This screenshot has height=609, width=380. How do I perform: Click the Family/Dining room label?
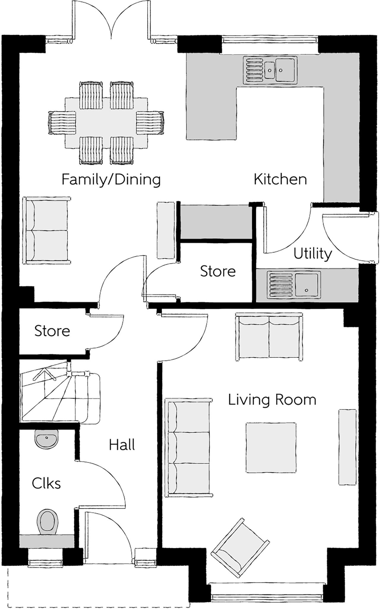point(111,179)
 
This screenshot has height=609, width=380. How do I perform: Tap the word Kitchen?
point(280,179)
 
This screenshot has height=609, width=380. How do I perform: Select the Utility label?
point(313,254)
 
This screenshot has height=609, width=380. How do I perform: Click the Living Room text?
point(272,400)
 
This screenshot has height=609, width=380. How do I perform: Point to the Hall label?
point(122,445)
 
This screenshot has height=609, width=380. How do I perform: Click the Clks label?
point(46,484)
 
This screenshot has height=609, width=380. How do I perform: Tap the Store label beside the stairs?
point(52,331)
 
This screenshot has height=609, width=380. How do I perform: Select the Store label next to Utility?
point(218,271)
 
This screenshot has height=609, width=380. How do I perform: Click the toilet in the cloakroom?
point(48,522)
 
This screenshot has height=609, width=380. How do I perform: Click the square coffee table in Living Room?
point(271,448)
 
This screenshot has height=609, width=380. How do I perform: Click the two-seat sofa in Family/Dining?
point(47,230)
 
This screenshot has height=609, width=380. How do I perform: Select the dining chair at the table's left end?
point(62,123)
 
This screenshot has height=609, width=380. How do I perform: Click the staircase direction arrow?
point(45,375)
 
